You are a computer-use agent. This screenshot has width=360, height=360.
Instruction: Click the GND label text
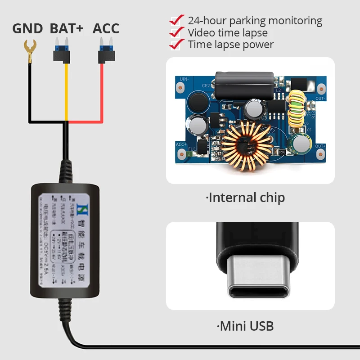click(x=27, y=28)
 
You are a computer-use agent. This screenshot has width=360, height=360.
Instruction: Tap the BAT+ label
click(x=67, y=28)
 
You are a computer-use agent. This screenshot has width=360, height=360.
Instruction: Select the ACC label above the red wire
click(x=106, y=28)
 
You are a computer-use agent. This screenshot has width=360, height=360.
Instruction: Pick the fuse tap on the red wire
click(x=106, y=53)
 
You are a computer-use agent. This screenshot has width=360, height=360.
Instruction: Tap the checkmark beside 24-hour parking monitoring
click(x=177, y=20)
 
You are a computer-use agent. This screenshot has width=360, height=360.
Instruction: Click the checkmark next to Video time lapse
click(x=177, y=32)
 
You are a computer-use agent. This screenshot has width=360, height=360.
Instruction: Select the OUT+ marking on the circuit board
click(x=320, y=146)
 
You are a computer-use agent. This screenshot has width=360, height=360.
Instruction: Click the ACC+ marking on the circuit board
click(x=181, y=144)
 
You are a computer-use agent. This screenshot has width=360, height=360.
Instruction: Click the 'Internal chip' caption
click(x=246, y=198)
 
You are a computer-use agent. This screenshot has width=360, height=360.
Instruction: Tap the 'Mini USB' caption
click(x=246, y=326)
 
